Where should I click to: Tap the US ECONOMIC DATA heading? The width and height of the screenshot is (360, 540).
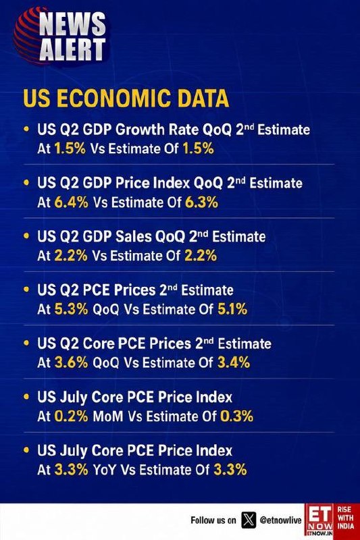[x=126, y=98]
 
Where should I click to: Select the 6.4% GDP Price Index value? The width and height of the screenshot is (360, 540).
[x=72, y=202]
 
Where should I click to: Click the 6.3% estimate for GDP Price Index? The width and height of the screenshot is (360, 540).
[x=201, y=202]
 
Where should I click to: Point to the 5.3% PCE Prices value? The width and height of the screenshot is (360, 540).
[x=72, y=309]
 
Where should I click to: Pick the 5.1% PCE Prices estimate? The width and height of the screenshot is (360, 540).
[x=232, y=309]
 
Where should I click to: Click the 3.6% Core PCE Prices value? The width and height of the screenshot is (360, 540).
[x=72, y=362]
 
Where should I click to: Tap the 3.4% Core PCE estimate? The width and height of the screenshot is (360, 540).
[x=234, y=362]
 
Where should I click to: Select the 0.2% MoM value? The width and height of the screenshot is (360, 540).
[x=72, y=416]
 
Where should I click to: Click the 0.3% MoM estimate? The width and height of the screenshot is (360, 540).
[x=236, y=416]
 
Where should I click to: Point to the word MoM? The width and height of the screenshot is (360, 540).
[x=108, y=416]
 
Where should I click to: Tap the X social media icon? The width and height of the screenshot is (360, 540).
[x=249, y=520]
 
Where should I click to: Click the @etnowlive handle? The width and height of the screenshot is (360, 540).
[x=280, y=520]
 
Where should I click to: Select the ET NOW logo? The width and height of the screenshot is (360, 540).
[x=319, y=520]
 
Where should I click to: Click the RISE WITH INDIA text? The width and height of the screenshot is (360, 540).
[x=346, y=518]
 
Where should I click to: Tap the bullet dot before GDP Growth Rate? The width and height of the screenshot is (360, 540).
[x=26, y=129]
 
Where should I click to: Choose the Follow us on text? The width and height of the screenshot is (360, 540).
[x=213, y=520]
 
